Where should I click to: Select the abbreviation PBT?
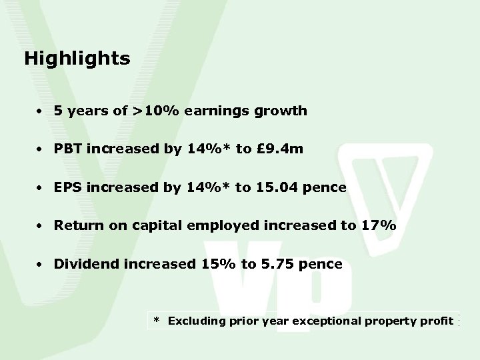click(69, 149)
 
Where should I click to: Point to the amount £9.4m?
click(279, 149)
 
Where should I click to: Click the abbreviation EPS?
click(69, 187)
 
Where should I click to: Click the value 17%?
click(379, 226)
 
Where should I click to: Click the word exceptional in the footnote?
click(324, 321)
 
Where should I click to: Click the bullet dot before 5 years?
click(41, 111)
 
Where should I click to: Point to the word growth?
click(285, 111)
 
